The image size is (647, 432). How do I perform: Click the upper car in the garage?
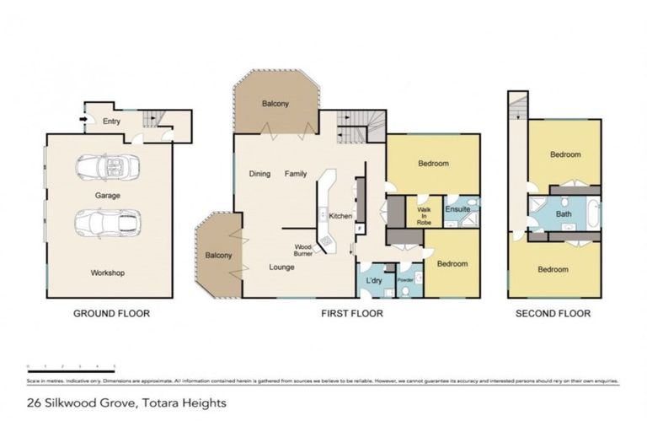[x=107, y=167]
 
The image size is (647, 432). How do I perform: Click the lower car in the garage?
[x=107, y=224]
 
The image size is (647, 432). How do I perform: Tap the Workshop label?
[x=108, y=273]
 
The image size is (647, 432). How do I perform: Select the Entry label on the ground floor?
[x=111, y=121]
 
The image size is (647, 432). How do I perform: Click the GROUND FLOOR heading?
[x=111, y=313]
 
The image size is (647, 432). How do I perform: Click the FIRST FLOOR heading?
[x=351, y=313]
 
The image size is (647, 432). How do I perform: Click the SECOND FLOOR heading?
[x=553, y=313]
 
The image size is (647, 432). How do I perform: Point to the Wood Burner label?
[x=303, y=250]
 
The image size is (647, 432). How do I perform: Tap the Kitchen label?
[x=340, y=217]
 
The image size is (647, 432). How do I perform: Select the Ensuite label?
[x=457, y=208]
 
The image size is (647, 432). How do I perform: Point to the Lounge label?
[x=281, y=267]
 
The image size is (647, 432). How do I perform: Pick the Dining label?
[x=259, y=174]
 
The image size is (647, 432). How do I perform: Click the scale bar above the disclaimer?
[x=72, y=367]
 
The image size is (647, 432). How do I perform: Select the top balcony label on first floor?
[x=275, y=104]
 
